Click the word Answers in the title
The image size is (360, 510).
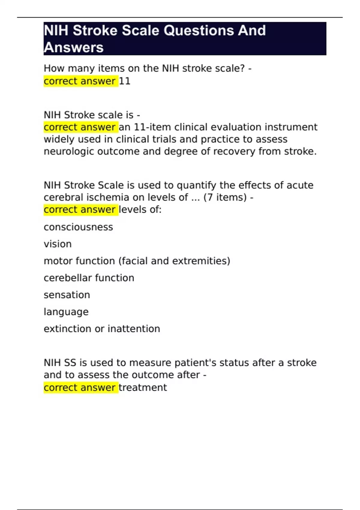click(x=74, y=48)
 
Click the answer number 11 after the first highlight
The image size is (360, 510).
click(x=125, y=81)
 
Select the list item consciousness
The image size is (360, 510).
click(x=78, y=227)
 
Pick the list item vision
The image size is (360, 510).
click(x=58, y=244)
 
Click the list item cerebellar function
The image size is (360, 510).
click(x=89, y=278)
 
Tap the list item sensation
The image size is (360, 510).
click(x=67, y=295)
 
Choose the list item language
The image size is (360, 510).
click(x=66, y=312)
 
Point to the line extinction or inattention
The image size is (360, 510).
click(x=102, y=329)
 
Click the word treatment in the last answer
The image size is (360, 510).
click(x=143, y=388)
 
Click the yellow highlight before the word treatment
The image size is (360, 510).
click(x=80, y=388)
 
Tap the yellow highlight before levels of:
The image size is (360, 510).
click(x=80, y=210)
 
